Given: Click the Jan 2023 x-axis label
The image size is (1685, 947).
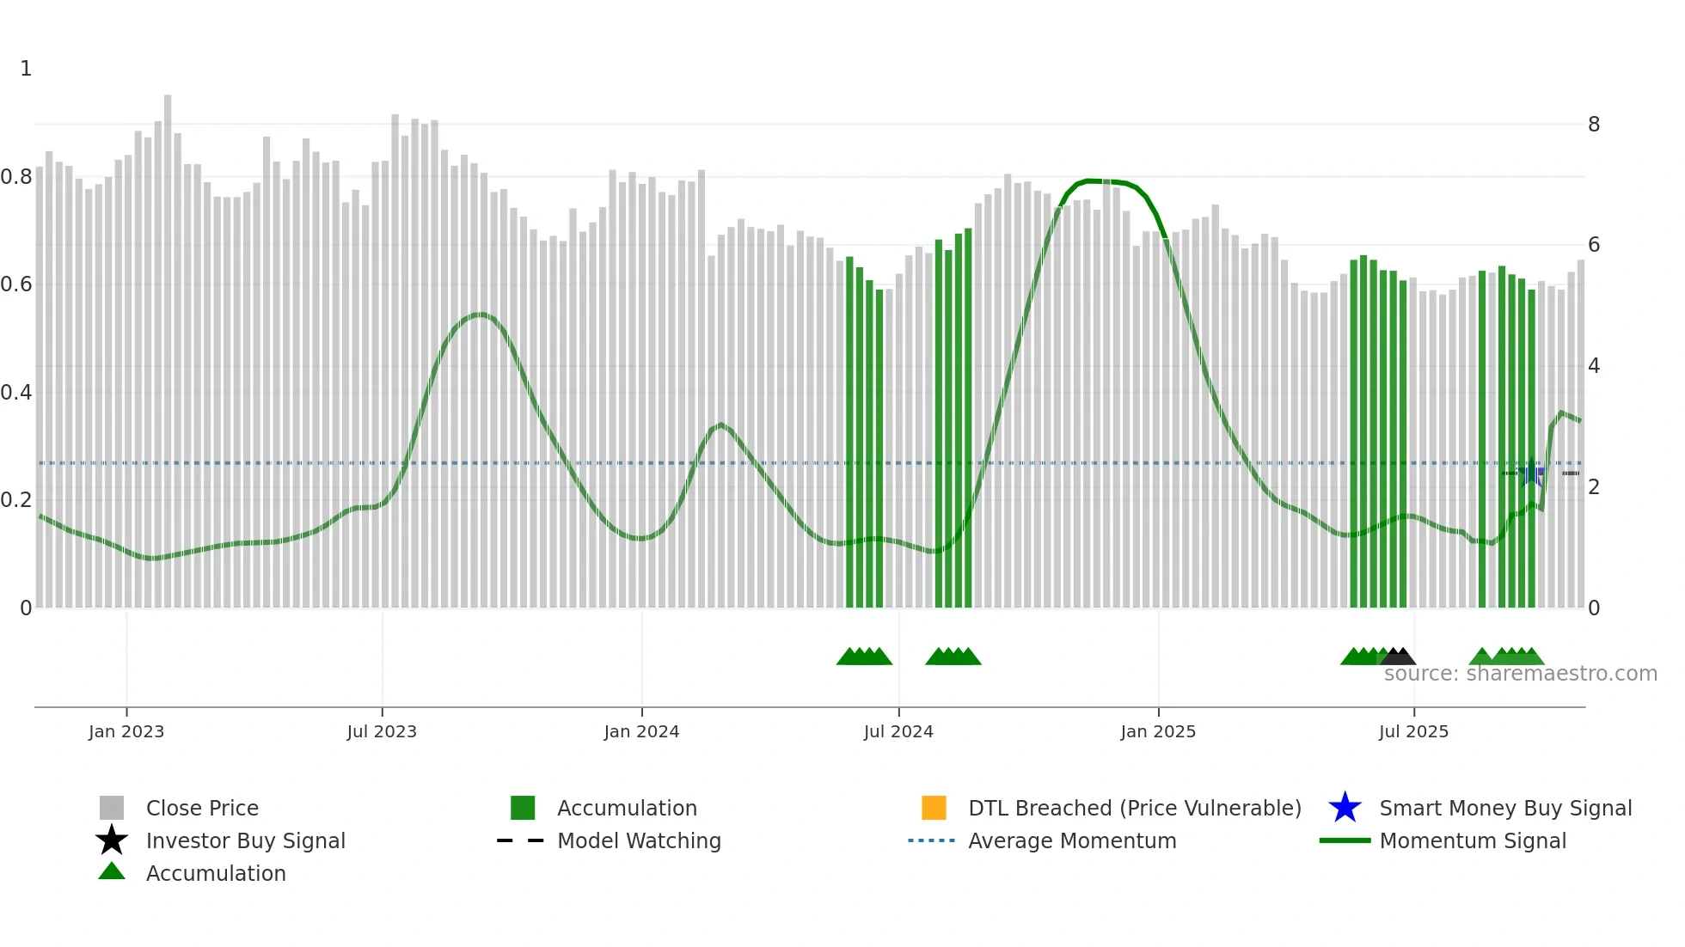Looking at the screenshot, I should coord(126,731).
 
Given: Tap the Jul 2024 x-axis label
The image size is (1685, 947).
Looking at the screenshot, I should coord(898,731).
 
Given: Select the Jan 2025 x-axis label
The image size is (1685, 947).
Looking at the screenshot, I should coord(1158,731).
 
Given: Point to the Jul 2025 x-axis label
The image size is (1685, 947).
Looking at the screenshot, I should coord(1413,731).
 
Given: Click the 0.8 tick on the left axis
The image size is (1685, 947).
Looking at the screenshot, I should coord(16,177).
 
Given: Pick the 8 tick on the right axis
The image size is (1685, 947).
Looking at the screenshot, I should coord(1594,125).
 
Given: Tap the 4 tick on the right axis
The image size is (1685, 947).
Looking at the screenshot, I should coord(1594,366).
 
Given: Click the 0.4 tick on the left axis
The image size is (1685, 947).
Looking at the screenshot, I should coord(16,393).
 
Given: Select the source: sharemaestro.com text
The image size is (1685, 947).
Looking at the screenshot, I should coord(1520,674).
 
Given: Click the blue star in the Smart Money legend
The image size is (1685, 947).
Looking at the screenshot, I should coord(1345,808).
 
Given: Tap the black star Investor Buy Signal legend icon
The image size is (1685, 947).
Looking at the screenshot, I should coord(112,840).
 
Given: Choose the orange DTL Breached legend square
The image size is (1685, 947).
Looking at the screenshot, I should coord(934,808).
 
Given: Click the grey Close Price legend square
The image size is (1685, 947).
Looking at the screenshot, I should coord(112,808).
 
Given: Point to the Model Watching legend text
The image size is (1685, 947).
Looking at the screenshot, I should coord(639,840).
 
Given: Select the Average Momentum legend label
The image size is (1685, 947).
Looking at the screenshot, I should coord(1072,840).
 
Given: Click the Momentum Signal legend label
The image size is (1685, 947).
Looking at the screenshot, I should coord(1473,840).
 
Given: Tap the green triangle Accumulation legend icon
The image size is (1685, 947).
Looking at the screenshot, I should coord(112,872).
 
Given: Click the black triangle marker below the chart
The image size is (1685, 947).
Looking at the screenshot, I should coord(1399,657).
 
